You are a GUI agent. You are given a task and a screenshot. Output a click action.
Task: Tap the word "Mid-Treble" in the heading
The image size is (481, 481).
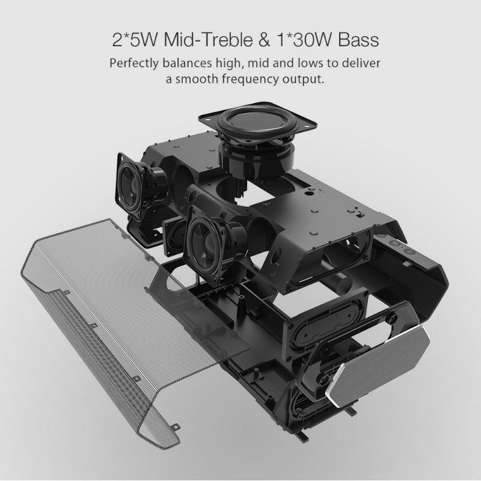[x=208, y=40]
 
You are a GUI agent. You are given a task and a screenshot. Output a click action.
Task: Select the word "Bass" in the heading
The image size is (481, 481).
[x=358, y=40]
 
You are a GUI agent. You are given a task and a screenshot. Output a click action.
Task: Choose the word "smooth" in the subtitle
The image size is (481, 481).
[x=195, y=79]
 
